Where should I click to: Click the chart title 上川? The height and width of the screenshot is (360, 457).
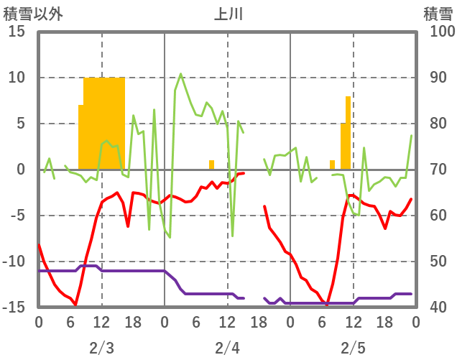228,14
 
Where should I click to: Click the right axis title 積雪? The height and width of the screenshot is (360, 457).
438,14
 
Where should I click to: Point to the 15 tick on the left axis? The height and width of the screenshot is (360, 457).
17,32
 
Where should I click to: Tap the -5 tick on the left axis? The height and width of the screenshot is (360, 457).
17,216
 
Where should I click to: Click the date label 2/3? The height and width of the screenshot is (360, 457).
101,349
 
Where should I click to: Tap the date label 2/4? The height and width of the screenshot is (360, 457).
227,349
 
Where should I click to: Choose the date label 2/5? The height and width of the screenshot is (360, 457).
353,349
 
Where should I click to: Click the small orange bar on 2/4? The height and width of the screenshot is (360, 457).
211,165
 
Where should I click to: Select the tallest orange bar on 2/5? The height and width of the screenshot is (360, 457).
348,133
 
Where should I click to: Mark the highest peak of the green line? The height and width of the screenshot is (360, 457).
180,73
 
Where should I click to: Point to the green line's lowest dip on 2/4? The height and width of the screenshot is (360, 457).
232,236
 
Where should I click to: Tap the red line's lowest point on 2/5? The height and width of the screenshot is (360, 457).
327,305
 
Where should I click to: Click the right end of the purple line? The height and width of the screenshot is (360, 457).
411,294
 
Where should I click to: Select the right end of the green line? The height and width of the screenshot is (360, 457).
411,136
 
